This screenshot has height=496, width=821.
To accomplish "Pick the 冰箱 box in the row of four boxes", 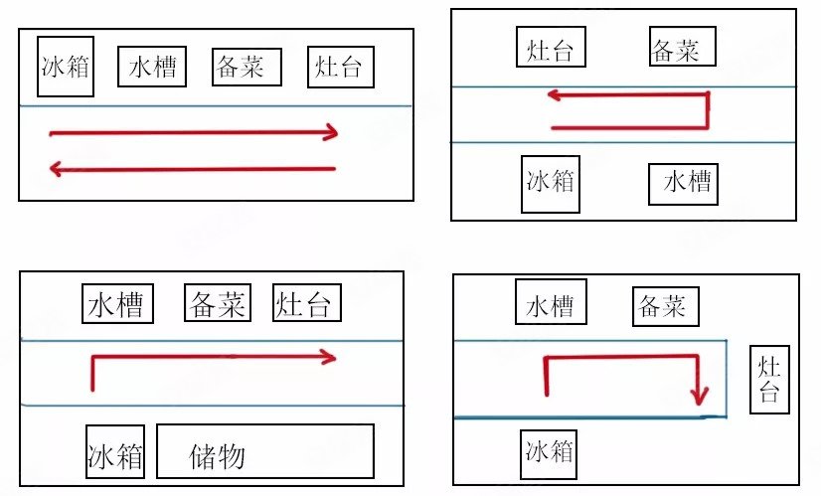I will pyautogui.click(x=66, y=66).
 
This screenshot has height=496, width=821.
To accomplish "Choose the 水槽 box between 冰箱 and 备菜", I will pyautogui.click(x=152, y=67).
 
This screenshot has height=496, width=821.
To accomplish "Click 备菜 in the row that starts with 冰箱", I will pyautogui.click(x=246, y=67).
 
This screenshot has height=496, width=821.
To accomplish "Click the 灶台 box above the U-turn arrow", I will pyautogui.click(x=551, y=47).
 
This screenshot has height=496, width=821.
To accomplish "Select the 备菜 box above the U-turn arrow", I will pyautogui.click(x=675, y=47).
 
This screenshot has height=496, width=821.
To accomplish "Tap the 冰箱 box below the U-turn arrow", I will pyautogui.click(x=551, y=184).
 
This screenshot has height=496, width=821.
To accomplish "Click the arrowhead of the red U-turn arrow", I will pyautogui.click(x=554, y=96).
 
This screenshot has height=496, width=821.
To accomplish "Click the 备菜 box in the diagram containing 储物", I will pyautogui.click(x=218, y=303).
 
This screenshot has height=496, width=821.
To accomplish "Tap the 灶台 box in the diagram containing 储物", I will pyautogui.click(x=307, y=303).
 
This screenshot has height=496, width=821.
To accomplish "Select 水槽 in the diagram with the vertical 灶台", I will pyautogui.click(x=551, y=303).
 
